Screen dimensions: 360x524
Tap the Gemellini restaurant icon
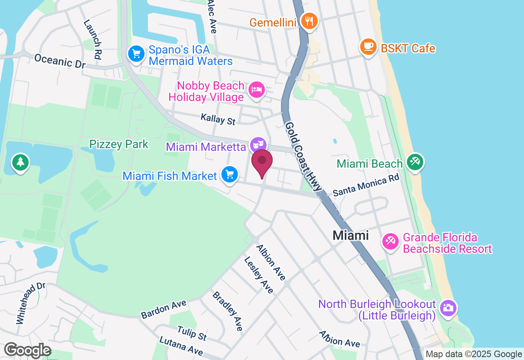point(309,20)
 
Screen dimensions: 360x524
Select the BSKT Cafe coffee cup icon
point(368,47)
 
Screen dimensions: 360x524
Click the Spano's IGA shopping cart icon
point(136,54)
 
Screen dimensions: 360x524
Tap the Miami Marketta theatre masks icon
point(258,145)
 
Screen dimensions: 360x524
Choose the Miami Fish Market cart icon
point(229,175)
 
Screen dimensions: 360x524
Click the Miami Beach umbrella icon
point(415,162)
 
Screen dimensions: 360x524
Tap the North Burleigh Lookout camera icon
point(448,308)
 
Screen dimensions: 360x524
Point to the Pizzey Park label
point(119,144)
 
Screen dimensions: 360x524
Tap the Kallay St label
point(218,119)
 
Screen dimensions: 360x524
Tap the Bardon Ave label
point(163,309)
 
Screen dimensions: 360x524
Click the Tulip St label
point(192,333)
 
